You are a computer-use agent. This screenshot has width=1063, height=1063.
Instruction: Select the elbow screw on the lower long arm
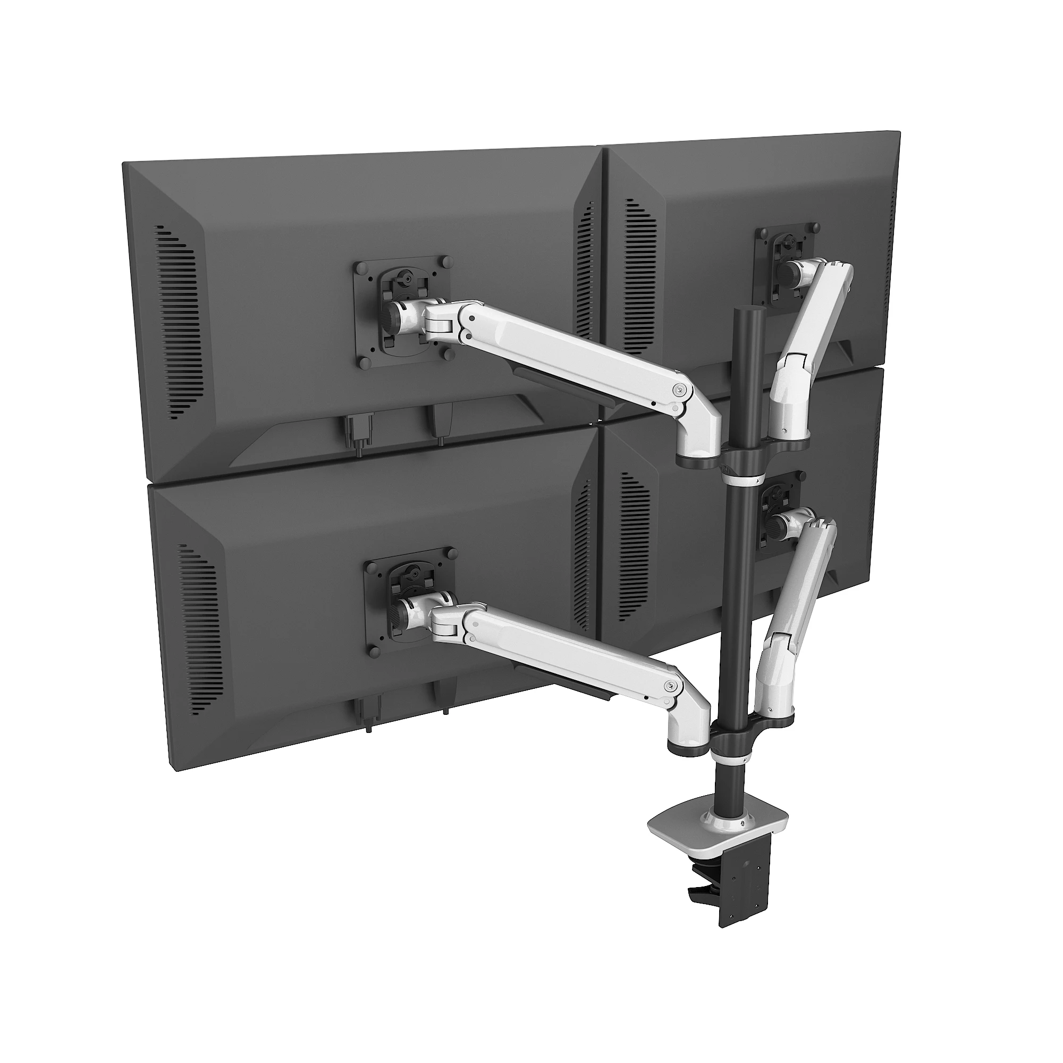[669, 686]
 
